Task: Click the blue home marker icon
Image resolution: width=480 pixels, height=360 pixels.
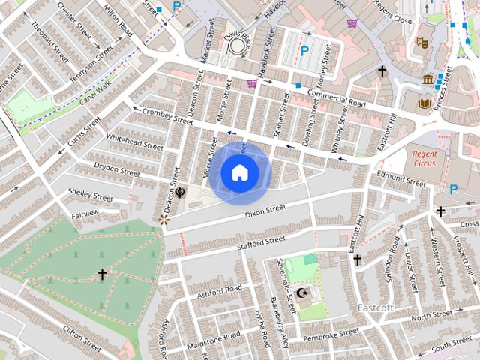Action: tap(239, 173)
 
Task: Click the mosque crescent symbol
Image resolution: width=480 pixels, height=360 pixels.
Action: tap(302, 293)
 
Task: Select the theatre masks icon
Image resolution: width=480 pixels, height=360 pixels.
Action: tap(421, 43)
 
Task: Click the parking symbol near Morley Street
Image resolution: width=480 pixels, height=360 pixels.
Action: tap(304, 51)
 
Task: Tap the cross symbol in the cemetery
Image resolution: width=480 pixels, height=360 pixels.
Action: tap(102, 274)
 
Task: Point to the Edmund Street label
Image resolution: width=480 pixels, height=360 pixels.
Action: tap(400, 178)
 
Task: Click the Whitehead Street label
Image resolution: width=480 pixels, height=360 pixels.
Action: tap(133, 142)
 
